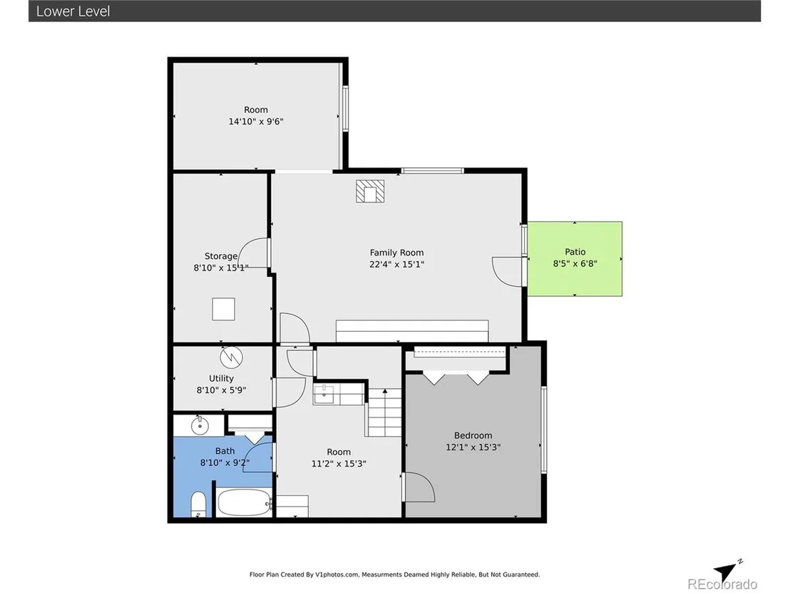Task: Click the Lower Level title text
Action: [73, 11]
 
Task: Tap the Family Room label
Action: [396, 253]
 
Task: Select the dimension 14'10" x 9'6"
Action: [256, 121]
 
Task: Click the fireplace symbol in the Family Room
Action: [370, 191]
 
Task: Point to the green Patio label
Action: [575, 252]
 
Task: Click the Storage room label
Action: [221, 256]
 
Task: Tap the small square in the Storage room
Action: [223, 309]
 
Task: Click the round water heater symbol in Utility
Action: [231, 358]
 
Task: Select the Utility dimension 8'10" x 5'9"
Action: [221, 390]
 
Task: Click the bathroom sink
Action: [200, 425]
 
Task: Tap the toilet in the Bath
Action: [198, 505]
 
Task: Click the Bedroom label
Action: [473, 435]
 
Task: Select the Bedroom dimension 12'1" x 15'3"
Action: [473, 447]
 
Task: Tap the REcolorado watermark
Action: [722, 584]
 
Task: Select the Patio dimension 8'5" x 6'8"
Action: [575, 263]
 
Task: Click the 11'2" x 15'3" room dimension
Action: [339, 463]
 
